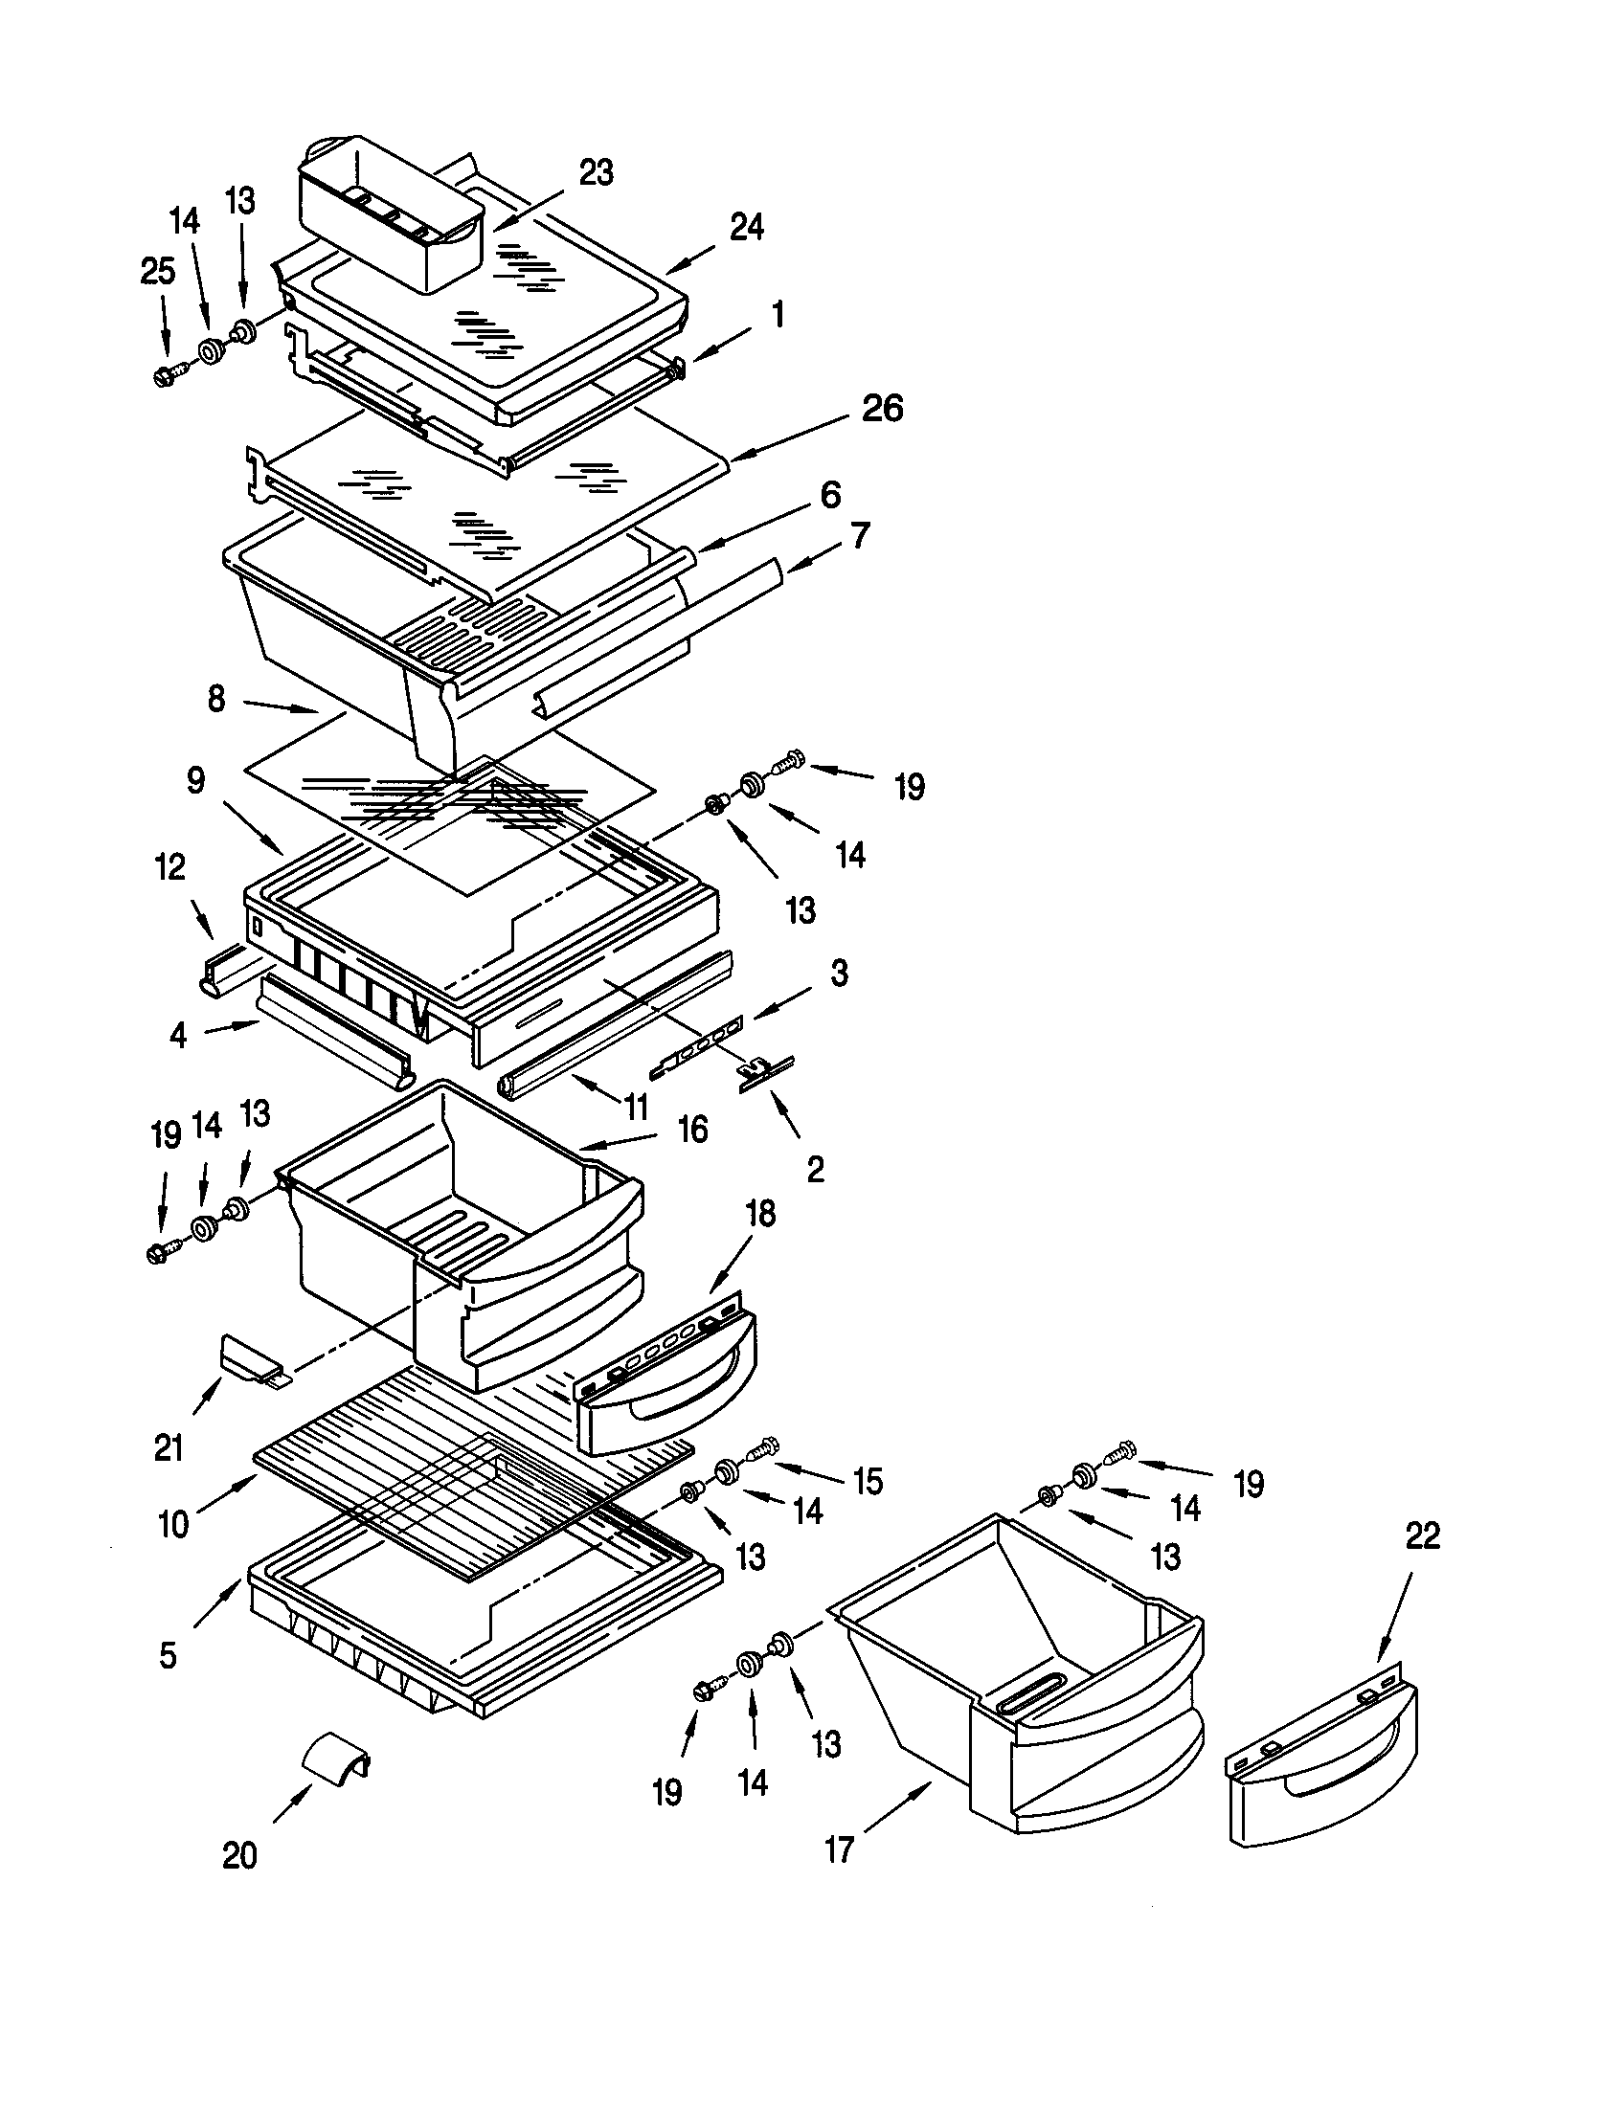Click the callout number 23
(596, 173)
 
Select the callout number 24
(747, 228)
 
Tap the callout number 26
(882, 408)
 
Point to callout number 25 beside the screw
(158, 273)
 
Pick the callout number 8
(216, 699)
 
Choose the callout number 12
(169, 867)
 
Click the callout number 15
(868, 1482)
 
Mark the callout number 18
(761, 1215)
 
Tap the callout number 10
(173, 1526)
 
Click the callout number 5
(168, 1656)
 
